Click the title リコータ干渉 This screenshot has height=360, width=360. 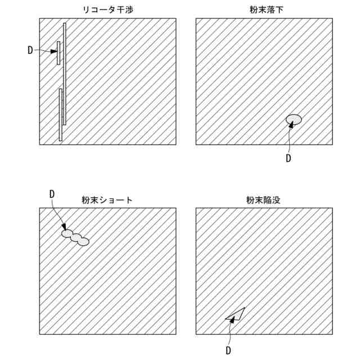[107, 10]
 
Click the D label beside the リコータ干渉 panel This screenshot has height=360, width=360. [30, 50]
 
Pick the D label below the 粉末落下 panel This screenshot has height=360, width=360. [289, 158]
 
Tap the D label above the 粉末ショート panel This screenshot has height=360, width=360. [52, 193]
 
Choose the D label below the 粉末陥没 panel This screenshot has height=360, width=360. [229, 350]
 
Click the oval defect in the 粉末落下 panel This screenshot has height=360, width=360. [294, 119]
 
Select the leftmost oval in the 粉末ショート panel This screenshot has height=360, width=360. [67, 233]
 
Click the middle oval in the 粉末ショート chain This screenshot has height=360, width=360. [75, 237]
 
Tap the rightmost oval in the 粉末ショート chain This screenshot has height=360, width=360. [83, 242]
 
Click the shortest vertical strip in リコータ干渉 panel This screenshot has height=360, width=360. [58, 53]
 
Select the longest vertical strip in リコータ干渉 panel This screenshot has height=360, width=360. [65, 73]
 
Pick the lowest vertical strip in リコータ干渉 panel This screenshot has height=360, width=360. [60, 114]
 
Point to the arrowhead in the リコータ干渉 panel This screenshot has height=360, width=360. [55, 51]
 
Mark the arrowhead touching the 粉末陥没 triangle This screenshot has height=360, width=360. [231, 321]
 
